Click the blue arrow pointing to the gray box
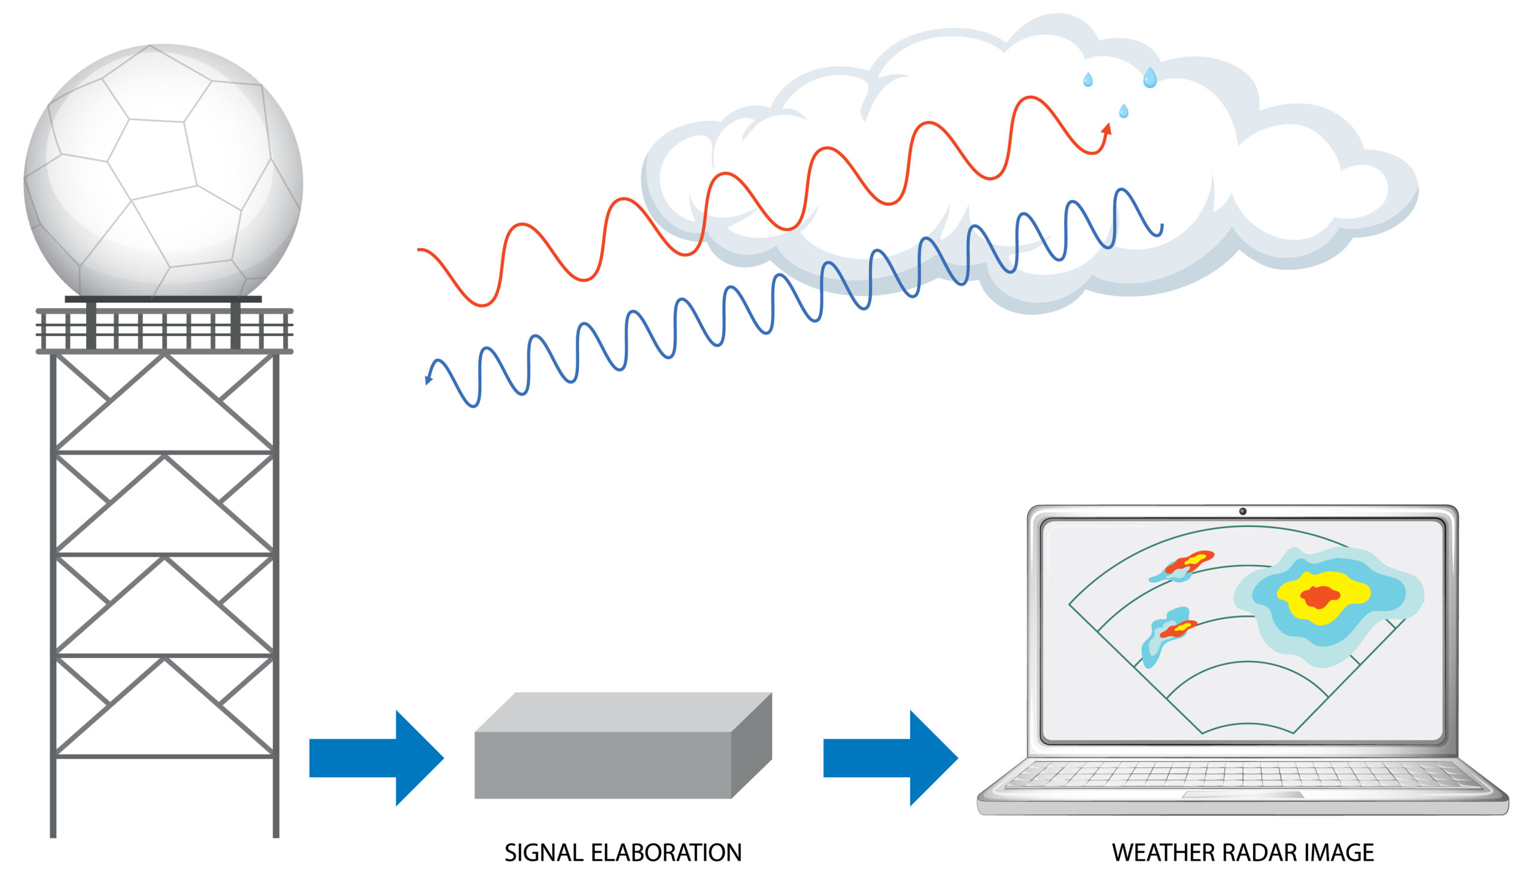tap(376, 758)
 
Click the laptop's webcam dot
tap(1242, 511)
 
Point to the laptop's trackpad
tap(1242, 795)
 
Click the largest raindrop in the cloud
tap(1150, 78)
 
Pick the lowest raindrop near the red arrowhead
tap(1124, 111)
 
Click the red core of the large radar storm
tap(1320, 596)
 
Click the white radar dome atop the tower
tap(163, 171)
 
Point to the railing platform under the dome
tap(164, 330)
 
